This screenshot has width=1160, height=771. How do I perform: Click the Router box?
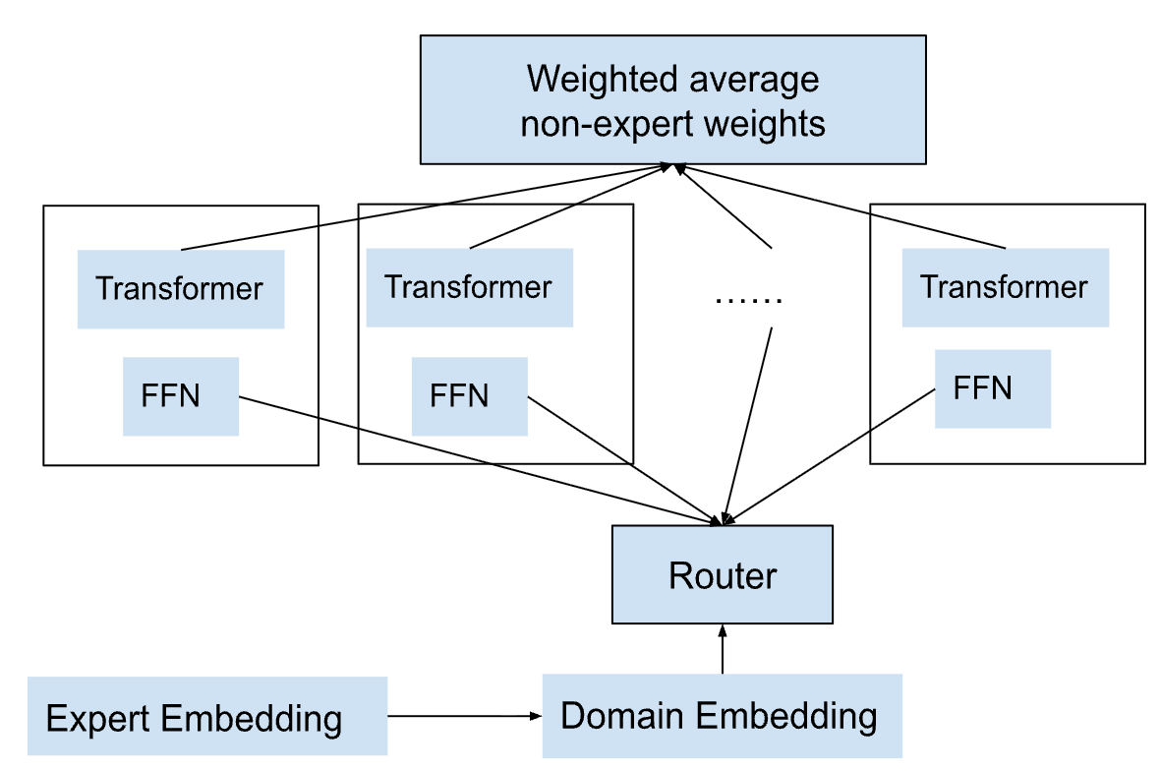click(x=722, y=575)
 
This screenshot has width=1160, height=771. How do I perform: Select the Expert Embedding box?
click(x=207, y=716)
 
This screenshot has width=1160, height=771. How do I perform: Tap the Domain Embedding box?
click(x=722, y=716)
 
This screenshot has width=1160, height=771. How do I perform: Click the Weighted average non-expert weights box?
click(x=673, y=100)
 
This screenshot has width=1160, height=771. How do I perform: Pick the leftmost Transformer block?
click(x=181, y=288)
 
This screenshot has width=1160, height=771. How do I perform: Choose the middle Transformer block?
click(x=470, y=288)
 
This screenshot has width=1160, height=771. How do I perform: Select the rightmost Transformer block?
click(x=1006, y=288)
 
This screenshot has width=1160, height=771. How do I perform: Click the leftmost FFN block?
click(x=181, y=396)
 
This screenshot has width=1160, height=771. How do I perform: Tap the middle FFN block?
click(x=470, y=396)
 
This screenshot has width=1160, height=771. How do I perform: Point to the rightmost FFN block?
click(x=993, y=389)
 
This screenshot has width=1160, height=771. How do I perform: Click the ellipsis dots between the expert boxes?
click(x=749, y=300)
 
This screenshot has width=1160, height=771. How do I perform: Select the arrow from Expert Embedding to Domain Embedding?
click(x=465, y=716)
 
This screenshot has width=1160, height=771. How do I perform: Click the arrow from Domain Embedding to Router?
click(x=723, y=649)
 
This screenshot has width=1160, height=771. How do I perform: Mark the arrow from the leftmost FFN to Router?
click(x=480, y=461)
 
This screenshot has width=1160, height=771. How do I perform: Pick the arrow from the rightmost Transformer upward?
click(x=840, y=207)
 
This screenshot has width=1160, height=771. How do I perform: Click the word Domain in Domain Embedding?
click(x=622, y=716)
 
